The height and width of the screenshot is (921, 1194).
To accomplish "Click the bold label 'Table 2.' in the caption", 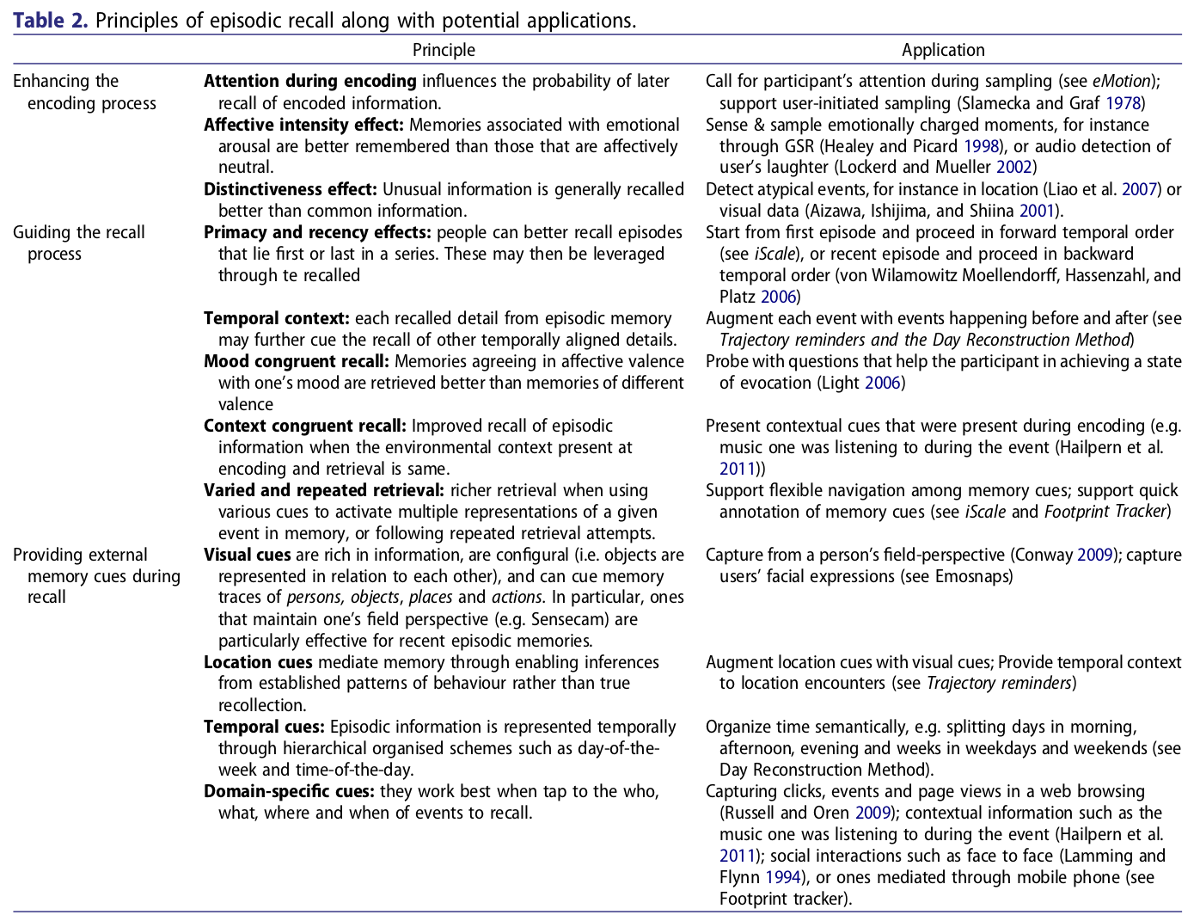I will (x=50, y=21).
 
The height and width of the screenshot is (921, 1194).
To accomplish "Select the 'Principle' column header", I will (x=444, y=50).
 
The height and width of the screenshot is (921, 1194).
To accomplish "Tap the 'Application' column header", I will (x=943, y=50).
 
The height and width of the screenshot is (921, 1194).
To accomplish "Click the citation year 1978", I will (x=1123, y=103).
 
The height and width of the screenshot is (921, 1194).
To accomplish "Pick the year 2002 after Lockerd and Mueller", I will (x=1013, y=168).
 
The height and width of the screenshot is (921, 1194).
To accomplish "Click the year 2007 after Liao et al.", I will (x=1140, y=189).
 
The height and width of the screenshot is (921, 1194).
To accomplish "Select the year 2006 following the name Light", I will (x=882, y=383).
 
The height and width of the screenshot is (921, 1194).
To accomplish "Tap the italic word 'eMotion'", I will (x=1121, y=82).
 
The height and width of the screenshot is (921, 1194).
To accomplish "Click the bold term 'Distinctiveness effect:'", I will (x=290, y=189).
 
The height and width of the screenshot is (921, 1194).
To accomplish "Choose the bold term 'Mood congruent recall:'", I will (x=296, y=361).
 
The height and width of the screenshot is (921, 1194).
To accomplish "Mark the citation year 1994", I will (x=782, y=877).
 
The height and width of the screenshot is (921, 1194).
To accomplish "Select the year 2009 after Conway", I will (x=1095, y=555).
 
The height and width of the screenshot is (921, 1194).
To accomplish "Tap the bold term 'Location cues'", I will (x=258, y=662).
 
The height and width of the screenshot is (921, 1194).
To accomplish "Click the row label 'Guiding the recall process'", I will (x=79, y=243).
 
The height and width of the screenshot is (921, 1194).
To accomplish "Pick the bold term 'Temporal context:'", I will (x=276, y=318).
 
